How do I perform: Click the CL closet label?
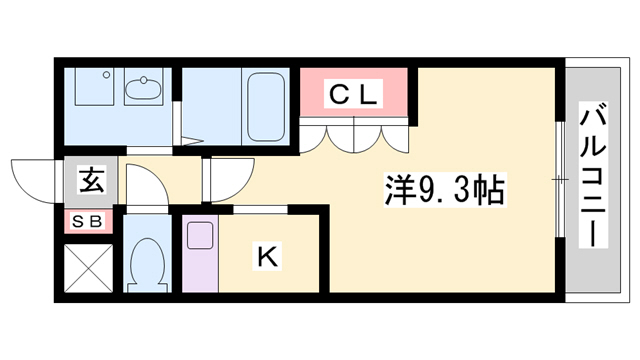pyautogui.click(x=354, y=95)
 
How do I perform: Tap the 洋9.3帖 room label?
pyautogui.click(x=444, y=188)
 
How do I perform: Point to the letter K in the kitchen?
pyautogui.click(x=268, y=257)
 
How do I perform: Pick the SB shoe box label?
pyautogui.click(x=89, y=222)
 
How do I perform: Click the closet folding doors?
pyautogui.click(x=355, y=136)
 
